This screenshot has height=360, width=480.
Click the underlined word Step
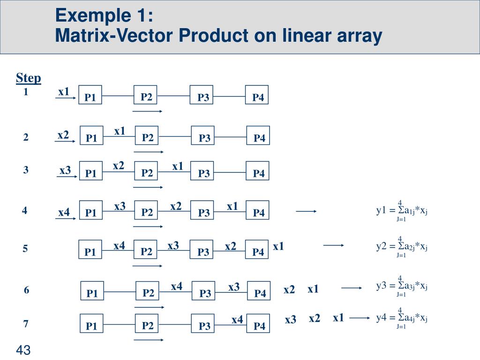29,78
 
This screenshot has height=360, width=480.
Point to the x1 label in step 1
64,91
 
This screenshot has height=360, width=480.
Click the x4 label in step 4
64,213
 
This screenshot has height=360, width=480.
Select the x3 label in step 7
291,320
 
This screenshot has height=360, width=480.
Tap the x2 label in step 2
63,135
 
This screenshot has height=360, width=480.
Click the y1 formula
402,210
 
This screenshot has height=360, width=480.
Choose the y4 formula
402,318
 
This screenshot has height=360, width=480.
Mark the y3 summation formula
402,285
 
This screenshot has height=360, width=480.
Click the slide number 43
23,350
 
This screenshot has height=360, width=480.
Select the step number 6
27,291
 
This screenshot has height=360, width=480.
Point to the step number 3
26,170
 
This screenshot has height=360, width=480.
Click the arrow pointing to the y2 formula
334,245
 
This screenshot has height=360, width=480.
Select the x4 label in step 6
177,286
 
